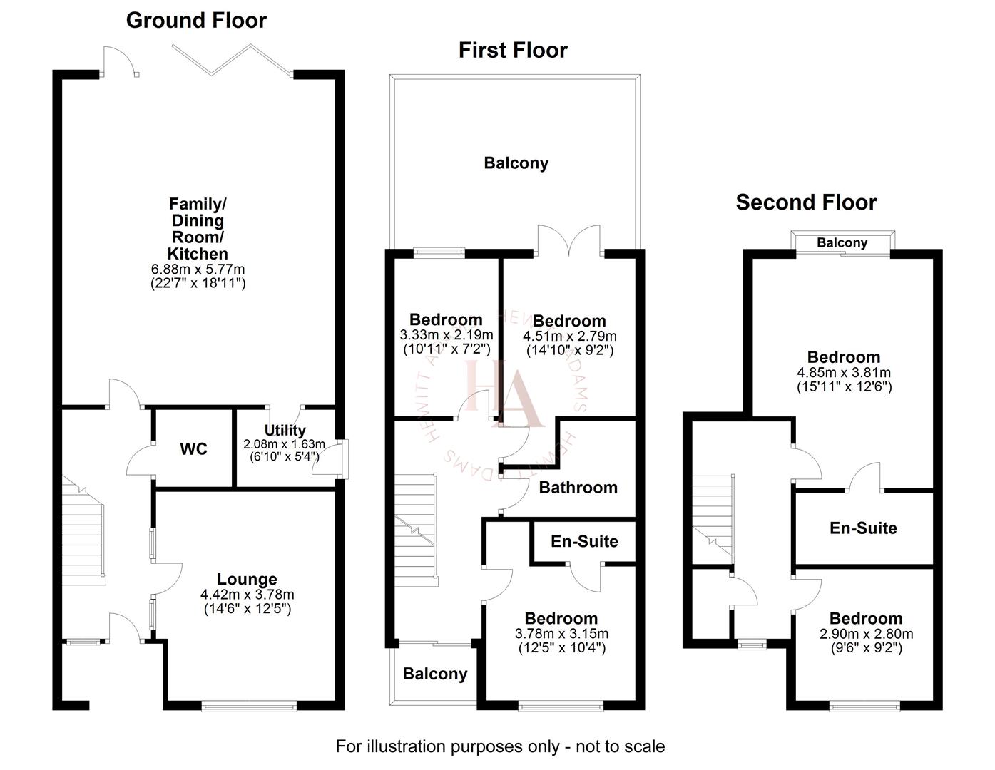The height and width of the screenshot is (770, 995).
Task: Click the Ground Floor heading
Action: tap(196, 20)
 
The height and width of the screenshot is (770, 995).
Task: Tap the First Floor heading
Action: tap(513, 50)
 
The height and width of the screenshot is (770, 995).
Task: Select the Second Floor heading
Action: tap(806, 202)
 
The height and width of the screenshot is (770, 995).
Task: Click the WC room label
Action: tap(193, 449)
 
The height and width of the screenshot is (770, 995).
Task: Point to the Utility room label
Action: tap(285, 430)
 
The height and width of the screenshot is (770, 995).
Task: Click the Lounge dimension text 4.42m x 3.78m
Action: tap(247, 595)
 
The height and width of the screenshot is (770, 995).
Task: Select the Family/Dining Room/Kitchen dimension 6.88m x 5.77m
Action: tap(198, 269)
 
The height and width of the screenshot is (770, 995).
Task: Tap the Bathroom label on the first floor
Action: tap(578, 488)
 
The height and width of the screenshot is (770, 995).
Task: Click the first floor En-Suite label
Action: tap(584, 541)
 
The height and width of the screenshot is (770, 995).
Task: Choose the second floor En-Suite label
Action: tap(863, 528)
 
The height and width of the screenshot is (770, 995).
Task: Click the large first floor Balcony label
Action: tap(516, 163)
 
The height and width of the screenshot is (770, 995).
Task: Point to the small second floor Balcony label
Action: tap(842, 243)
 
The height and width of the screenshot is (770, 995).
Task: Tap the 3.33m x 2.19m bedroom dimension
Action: tap(446, 335)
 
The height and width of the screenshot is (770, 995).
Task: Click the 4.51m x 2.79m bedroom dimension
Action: tap(569, 337)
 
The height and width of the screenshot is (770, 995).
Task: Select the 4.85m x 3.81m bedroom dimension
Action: tap(844, 373)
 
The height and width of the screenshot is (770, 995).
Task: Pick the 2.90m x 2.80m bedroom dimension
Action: tap(866, 634)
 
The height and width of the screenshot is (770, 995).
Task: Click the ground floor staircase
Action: tap(84, 528)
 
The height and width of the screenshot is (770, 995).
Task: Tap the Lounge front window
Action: tap(249, 706)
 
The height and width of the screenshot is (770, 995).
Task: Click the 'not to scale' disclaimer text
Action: tap(500, 746)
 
